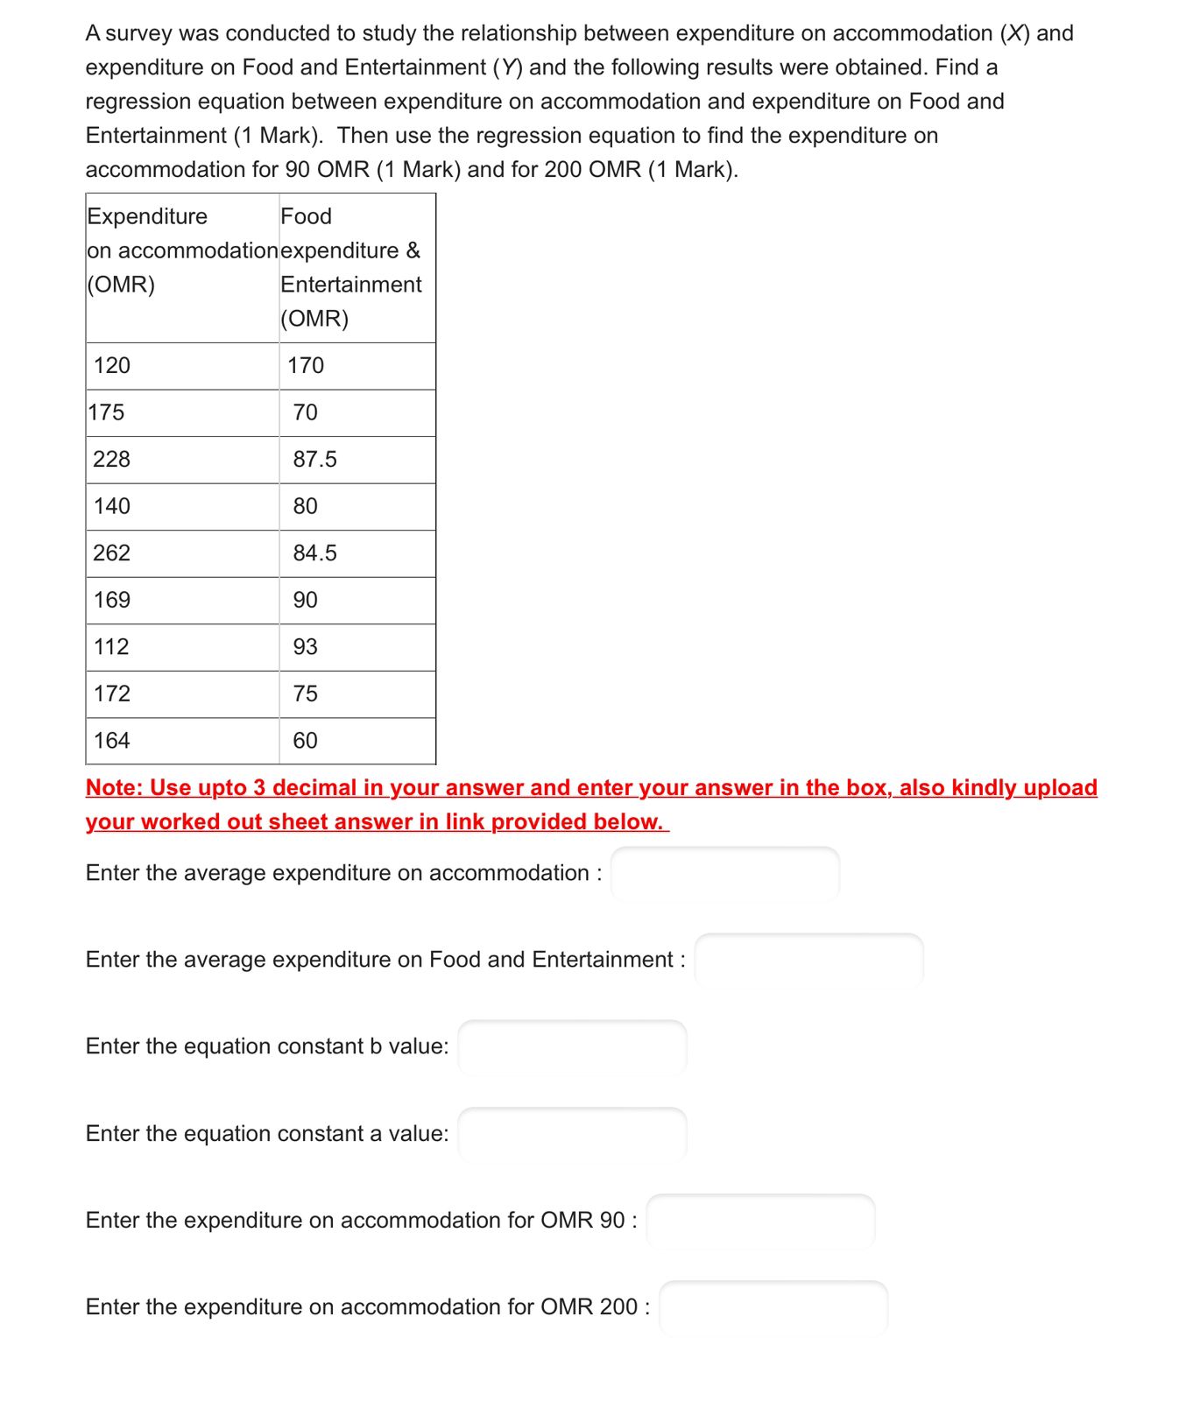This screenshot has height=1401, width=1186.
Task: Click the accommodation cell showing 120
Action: click(112, 365)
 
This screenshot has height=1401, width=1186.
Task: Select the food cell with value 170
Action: click(306, 365)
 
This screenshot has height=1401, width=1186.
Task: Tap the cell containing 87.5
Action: click(314, 459)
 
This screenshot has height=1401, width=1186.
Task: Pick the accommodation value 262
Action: click(112, 553)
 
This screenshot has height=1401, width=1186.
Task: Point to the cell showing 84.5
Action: click(314, 553)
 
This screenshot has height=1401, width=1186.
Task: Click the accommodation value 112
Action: click(111, 646)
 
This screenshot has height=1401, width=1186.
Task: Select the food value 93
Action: click(305, 646)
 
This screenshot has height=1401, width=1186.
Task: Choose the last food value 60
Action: click(305, 740)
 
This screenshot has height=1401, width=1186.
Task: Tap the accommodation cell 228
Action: click(112, 459)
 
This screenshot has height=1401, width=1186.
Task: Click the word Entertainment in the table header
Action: click(350, 285)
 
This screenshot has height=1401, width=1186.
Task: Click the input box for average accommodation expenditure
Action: click(724, 873)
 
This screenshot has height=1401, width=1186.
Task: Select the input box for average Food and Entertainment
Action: click(808, 960)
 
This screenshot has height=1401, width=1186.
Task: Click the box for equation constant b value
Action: click(572, 1046)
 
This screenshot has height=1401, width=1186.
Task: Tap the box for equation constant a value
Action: click(572, 1133)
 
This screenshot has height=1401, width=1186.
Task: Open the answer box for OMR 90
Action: click(760, 1220)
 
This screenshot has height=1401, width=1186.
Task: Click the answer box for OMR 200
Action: click(773, 1306)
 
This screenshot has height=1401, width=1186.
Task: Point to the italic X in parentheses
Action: click(1014, 33)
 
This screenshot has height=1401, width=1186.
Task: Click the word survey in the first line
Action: click(140, 33)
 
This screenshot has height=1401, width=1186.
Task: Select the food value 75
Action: click(305, 693)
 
